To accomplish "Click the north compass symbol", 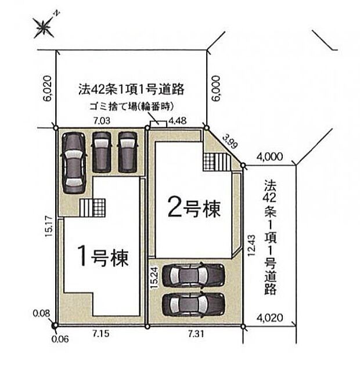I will pyautogui.click(x=44, y=25).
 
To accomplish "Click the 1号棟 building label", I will pyautogui.click(x=103, y=254).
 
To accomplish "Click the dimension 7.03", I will pyautogui.click(x=103, y=120).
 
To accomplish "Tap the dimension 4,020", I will pyautogui.click(x=270, y=318).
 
